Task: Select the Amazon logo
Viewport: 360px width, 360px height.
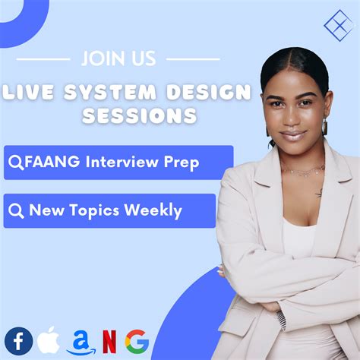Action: point(81,342)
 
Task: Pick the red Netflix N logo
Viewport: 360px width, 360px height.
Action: point(109,343)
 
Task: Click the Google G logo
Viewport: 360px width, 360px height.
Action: point(137,342)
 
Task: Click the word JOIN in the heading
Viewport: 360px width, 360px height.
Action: point(101,58)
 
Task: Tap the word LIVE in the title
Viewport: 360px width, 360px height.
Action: point(30,94)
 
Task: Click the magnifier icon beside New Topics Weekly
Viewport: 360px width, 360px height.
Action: point(17,211)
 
